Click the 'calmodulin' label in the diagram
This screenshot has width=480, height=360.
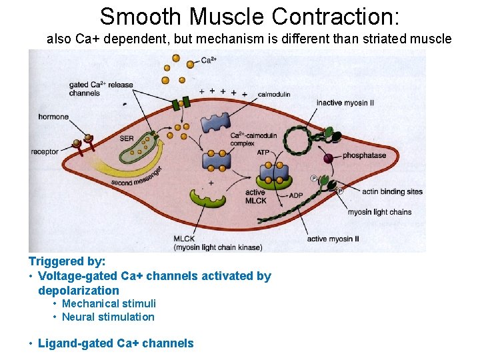[x=273, y=95]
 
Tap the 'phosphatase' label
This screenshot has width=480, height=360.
[x=364, y=155]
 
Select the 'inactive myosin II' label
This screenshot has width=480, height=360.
[x=345, y=103]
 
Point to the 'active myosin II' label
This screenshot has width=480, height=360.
[x=333, y=239]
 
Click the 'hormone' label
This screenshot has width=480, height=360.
[x=53, y=117]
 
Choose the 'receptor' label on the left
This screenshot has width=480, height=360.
[x=44, y=152]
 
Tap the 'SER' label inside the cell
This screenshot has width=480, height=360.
[x=127, y=139]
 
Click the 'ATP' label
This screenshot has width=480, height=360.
[x=263, y=153]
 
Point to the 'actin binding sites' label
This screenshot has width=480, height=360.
[x=392, y=192]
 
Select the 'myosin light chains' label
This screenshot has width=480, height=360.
[x=379, y=212]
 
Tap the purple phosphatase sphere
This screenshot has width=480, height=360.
[x=328, y=159]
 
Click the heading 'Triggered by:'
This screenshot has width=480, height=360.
[x=67, y=262]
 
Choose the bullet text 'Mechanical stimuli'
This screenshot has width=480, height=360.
[x=109, y=303]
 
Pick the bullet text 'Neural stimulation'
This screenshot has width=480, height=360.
[x=108, y=317]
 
